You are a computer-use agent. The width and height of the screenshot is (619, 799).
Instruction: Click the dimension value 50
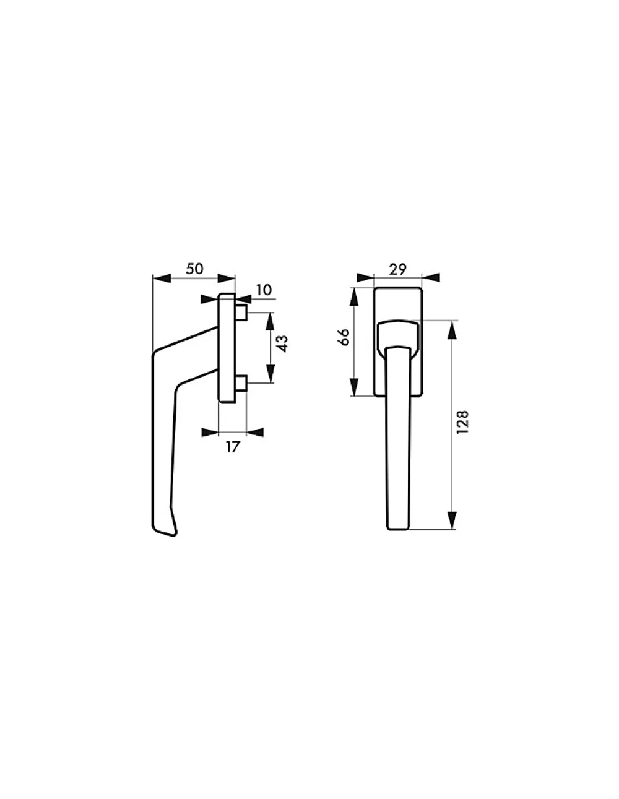194,269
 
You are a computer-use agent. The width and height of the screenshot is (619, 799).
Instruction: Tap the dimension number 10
264,290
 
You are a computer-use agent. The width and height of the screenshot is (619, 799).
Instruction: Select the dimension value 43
282,343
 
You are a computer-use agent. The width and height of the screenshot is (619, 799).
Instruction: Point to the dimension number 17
233,447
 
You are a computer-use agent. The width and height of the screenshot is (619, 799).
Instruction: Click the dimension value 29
398,269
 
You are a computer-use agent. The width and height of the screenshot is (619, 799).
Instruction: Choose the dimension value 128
462,422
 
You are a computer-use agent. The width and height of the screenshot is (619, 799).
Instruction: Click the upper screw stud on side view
241,313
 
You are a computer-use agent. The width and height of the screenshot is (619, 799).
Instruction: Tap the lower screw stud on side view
241,384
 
